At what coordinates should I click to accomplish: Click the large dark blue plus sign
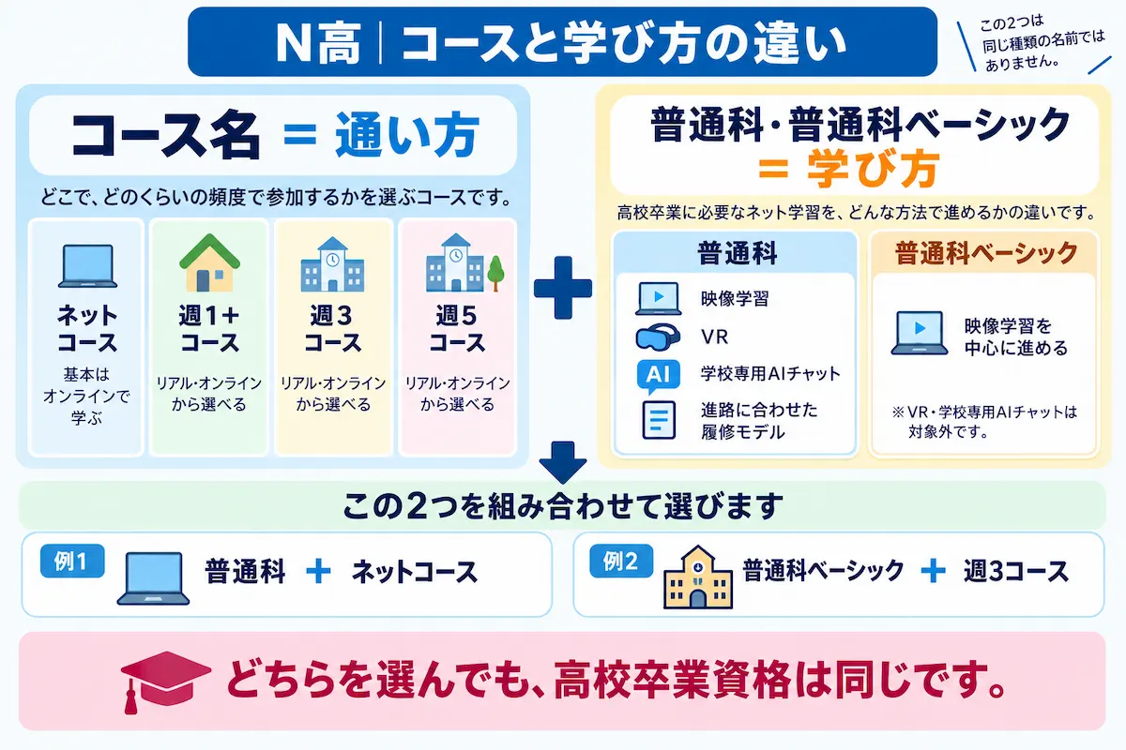tap(562, 288)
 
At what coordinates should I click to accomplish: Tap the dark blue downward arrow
tap(562, 462)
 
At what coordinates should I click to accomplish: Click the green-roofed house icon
tap(209, 262)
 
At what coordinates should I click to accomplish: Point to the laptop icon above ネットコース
tap(87, 266)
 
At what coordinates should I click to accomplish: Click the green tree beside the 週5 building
tap(495, 273)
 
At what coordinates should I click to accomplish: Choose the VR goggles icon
tap(658, 337)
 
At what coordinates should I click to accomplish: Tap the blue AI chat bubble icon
tap(658, 376)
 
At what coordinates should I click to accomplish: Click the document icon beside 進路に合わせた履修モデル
tap(659, 420)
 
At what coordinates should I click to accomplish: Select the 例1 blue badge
tap(72, 562)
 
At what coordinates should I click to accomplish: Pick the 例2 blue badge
tap(621, 562)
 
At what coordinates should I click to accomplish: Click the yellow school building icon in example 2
tap(698, 577)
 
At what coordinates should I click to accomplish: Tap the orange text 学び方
tap(874, 169)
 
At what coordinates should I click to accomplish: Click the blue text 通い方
tap(406, 134)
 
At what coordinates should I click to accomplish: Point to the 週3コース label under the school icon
tap(332, 329)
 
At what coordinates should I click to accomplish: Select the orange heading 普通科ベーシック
tap(986, 253)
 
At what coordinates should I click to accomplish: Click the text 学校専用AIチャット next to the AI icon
tap(770, 373)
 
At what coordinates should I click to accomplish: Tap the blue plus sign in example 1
tap(318, 572)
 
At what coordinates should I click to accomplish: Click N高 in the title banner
tap(318, 43)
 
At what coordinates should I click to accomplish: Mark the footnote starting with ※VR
tap(984, 422)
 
